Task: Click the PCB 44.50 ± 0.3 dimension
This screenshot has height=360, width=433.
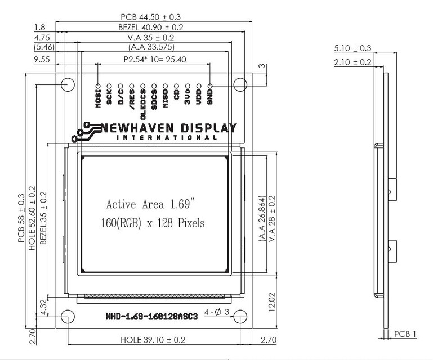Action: click(x=151, y=17)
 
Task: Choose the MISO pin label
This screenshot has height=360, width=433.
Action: click(x=165, y=97)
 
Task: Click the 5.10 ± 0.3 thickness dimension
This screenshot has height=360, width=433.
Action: click(x=352, y=48)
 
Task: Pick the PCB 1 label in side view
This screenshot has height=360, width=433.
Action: click(x=405, y=334)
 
